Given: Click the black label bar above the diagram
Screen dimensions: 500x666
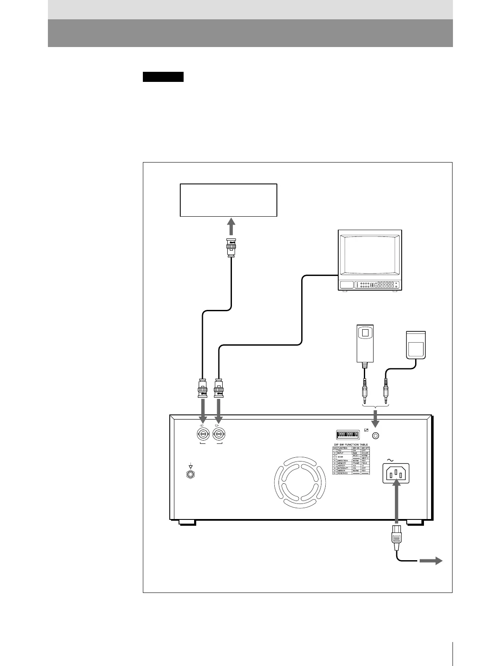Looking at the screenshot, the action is [163, 77].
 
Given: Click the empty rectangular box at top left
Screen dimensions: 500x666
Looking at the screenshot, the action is [228, 200].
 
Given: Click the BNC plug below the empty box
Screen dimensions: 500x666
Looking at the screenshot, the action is [231, 247].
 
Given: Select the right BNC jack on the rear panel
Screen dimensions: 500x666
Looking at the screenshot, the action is [218, 434].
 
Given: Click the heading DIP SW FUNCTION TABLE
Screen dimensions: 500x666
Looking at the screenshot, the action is [350, 444].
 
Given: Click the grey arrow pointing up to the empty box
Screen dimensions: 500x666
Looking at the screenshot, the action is [230, 228].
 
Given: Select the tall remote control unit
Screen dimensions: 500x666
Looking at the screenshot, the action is [365, 343].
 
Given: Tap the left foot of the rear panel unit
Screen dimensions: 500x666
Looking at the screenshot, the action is [187, 523].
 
